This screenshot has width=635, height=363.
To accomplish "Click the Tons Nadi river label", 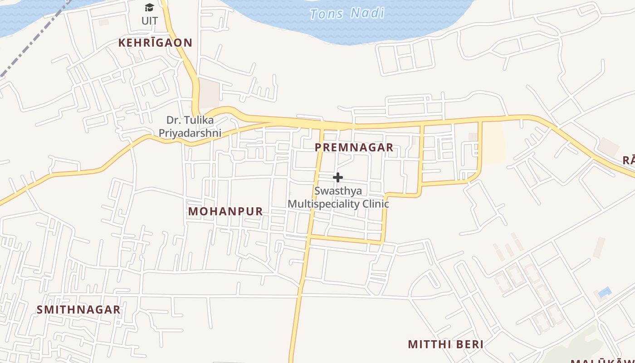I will click(347, 13).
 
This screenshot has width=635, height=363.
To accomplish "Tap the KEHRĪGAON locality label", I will click(155, 43).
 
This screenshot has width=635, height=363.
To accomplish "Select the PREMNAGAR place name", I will click(354, 147).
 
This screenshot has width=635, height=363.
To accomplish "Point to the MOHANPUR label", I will click(225, 211).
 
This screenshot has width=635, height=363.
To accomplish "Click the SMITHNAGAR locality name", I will click(78, 310).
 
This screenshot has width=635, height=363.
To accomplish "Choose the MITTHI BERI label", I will click(445, 344).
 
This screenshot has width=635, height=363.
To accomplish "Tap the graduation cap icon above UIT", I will click(149, 7).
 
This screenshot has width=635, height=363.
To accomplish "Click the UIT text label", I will click(150, 21).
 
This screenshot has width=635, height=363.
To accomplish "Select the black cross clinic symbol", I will click(338, 177).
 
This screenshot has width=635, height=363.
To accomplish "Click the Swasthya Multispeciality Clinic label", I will click(338, 197).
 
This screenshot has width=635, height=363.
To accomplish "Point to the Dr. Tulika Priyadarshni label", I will click(190, 127).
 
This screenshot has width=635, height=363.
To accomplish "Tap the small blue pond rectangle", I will click(605, 292).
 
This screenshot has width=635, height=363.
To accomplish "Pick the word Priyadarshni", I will click(190, 133).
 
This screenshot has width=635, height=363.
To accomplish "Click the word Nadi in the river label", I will click(367, 13).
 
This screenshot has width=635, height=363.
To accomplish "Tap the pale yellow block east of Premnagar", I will click(494, 143).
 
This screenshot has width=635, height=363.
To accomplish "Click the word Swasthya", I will click(338, 191).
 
